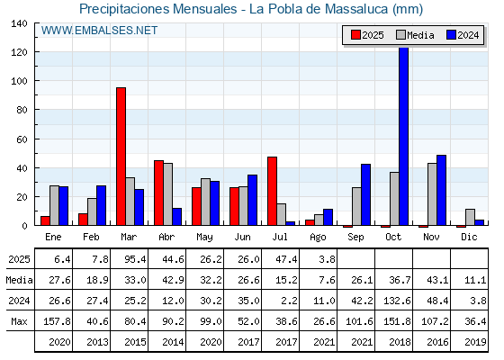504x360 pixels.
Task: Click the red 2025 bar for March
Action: (x=121, y=157)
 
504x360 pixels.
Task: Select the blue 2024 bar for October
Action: (x=404, y=136)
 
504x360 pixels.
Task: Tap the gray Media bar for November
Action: (x=432, y=194)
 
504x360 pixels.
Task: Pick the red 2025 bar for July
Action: (x=272, y=191)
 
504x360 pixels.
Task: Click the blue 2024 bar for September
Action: (x=365, y=194)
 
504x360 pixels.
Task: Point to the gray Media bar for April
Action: (x=167, y=194)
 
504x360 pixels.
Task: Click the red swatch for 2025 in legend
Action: (x=355, y=35)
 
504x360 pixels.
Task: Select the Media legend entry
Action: (x=415, y=35)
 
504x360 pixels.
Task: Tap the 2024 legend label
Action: (x=468, y=35)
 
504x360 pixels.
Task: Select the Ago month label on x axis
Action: (x=318, y=238)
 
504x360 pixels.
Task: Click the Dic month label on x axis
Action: (x=469, y=237)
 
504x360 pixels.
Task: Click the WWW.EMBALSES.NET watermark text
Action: (x=99, y=31)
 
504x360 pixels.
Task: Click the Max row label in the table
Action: (x=19, y=321)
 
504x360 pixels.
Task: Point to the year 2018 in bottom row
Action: (x=400, y=342)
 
